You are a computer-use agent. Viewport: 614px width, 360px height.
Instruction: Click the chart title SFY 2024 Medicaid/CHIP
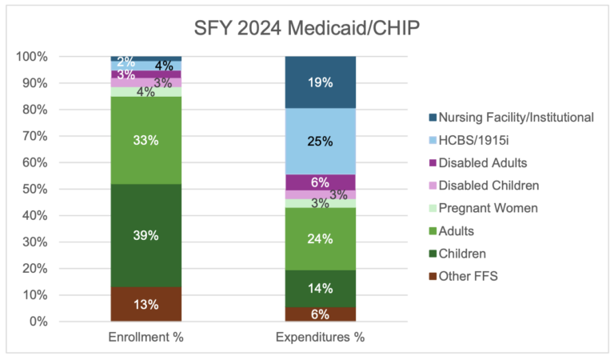point(306,29)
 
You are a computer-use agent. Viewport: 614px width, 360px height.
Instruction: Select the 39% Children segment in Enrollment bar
point(146,236)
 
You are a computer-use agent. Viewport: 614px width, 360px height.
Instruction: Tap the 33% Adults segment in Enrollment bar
point(146,140)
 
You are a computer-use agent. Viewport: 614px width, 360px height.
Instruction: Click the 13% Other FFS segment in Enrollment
point(146,304)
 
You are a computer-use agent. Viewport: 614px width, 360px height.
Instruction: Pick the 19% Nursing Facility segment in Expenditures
point(320,82)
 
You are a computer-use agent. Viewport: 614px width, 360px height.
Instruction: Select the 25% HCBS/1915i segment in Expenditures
point(320,141)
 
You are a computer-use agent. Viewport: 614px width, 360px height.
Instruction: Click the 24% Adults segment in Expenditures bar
point(320,238)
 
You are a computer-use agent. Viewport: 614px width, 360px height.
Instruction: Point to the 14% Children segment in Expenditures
point(320,289)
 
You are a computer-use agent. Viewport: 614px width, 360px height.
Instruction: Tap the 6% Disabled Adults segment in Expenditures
point(320,182)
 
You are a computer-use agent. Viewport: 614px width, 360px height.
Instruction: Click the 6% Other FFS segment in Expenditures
point(320,314)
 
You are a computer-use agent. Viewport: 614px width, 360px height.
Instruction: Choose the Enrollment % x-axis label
point(146,337)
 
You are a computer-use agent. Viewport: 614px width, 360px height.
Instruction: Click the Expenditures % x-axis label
point(320,337)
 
